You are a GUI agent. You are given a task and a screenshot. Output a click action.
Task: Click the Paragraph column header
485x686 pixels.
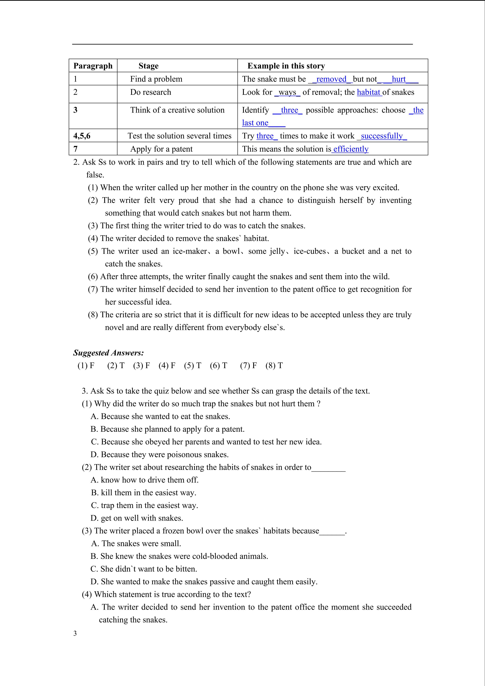93,66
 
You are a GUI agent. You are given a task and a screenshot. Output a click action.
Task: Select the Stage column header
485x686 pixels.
148,66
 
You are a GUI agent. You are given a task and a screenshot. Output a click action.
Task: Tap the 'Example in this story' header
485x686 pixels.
286,66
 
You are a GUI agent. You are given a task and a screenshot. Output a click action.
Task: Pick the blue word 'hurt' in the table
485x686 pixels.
399,79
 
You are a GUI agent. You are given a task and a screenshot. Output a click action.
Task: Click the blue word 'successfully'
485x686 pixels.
382,136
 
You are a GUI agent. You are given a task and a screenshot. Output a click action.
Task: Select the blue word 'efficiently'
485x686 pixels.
351,149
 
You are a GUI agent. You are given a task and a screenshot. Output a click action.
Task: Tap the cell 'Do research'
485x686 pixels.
151,92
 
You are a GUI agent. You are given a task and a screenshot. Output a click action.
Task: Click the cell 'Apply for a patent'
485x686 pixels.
161,149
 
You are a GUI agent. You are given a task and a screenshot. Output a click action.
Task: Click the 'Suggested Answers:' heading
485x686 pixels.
108,353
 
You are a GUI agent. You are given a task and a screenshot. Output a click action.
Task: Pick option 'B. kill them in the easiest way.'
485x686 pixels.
144,493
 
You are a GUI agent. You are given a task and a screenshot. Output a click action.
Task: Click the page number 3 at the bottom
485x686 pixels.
75,633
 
